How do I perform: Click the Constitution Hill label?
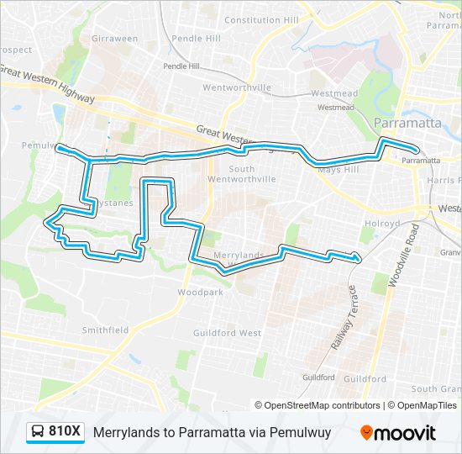click(261, 20)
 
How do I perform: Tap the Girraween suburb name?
click(114, 39)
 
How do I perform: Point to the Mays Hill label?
click(338, 169)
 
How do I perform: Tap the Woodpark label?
click(200, 293)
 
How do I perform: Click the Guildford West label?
click(227, 333)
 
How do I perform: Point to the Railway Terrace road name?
click(344, 319)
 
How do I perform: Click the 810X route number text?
click(65, 432)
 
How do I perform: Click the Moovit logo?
click(398, 432)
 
